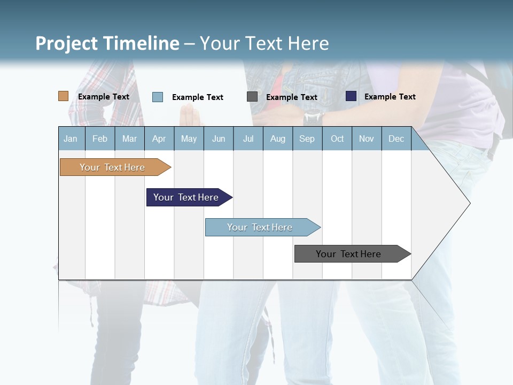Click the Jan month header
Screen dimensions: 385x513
point(71,138)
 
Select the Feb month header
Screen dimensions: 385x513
point(100,138)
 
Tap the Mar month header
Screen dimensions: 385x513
point(129,138)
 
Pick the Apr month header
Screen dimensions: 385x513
point(159,138)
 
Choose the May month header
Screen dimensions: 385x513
point(189,138)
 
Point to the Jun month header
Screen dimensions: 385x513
point(219,138)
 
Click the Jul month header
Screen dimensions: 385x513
point(248,138)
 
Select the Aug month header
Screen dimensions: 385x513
point(278,138)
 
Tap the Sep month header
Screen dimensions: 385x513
point(307,138)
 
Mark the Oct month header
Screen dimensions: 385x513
point(337,138)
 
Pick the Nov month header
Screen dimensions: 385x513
point(367,138)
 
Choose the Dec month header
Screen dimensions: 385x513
point(397,138)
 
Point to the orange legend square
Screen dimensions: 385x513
point(64,96)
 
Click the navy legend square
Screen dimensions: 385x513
point(351,96)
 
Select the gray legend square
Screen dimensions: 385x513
point(252,97)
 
